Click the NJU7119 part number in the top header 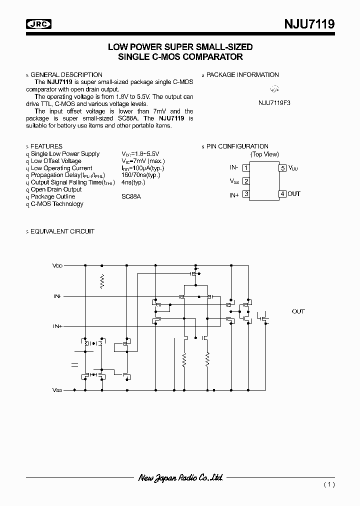[x=310, y=23]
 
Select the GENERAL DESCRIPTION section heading [x=66, y=75]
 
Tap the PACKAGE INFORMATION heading [x=242, y=75]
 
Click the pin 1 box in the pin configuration [x=246, y=168]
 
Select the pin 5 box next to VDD [x=282, y=168]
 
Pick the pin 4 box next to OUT [x=282, y=194]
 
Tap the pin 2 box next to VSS [x=246, y=181]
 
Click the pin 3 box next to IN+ [x=246, y=194]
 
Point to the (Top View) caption [x=264, y=154]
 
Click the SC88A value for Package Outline [x=131, y=196]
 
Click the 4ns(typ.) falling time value [x=133, y=182]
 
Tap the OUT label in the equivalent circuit [x=298, y=311]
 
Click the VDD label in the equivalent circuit [x=57, y=265]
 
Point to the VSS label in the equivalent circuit [x=57, y=389]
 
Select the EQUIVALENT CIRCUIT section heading [x=62, y=231]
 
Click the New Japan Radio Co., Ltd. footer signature [x=180, y=478]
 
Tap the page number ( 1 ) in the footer [x=329, y=484]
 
